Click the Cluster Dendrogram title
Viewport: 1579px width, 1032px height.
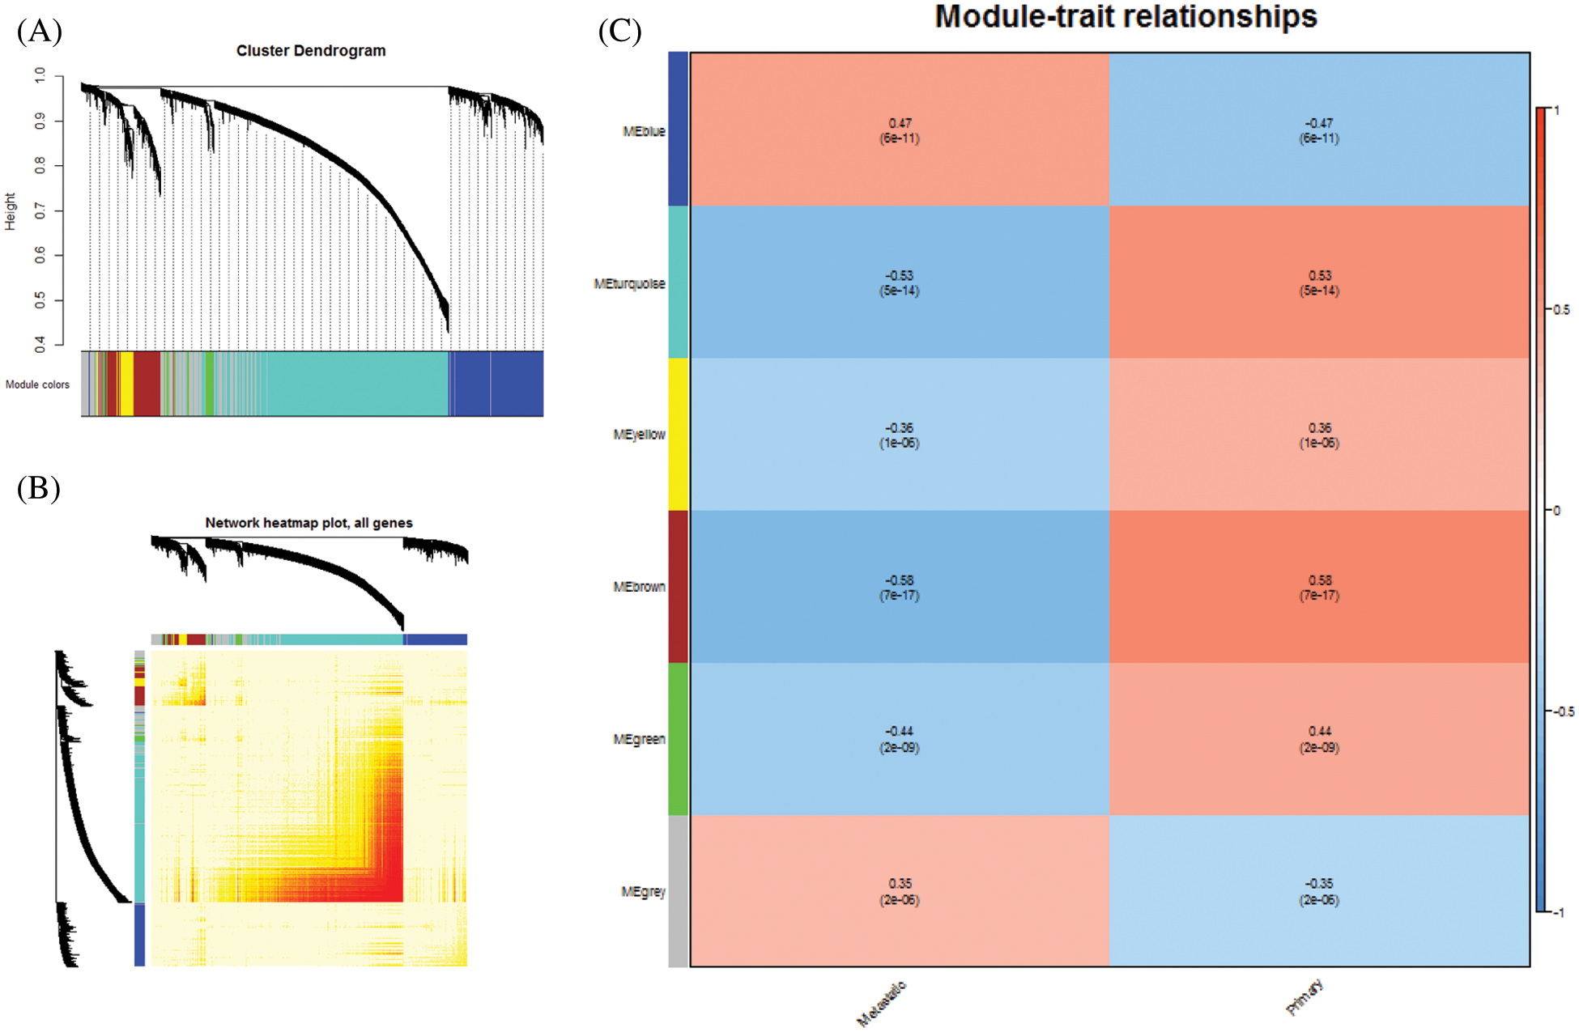pyautogui.click(x=311, y=51)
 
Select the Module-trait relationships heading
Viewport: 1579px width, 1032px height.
pyautogui.click(x=1126, y=17)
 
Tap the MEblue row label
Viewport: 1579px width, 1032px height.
pyautogui.click(x=644, y=131)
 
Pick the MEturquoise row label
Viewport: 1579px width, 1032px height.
pyautogui.click(x=629, y=284)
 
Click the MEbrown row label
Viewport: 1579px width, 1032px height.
pyautogui.click(x=639, y=587)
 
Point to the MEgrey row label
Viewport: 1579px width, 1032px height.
pyautogui.click(x=643, y=891)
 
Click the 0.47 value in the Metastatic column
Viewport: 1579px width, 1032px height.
pyautogui.click(x=900, y=123)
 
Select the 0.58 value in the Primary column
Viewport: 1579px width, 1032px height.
pyautogui.click(x=1320, y=580)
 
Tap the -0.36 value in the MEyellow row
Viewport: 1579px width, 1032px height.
pyautogui.click(x=900, y=427)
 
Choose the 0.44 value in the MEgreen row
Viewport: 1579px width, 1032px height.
pyautogui.click(x=1320, y=731)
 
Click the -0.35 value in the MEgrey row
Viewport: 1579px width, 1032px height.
pyautogui.click(x=1320, y=883)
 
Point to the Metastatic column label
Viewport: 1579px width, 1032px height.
pyautogui.click(x=881, y=1004)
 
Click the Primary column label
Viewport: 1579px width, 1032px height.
pyautogui.click(x=1304, y=996)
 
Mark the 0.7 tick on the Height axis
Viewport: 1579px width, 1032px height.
pyautogui.click(x=40, y=211)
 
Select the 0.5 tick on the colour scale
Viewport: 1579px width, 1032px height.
pyautogui.click(x=1560, y=310)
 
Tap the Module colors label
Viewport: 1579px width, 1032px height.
pyautogui.click(x=37, y=384)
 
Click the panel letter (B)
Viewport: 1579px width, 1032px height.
pyautogui.click(x=38, y=488)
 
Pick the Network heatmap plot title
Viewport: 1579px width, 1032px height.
pyautogui.click(x=309, y=523)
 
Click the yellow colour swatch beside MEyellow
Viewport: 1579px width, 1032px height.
pyautogui.click(x=679, y=435)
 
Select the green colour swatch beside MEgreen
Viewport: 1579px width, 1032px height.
pyautogui.click(x=679, y=739)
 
